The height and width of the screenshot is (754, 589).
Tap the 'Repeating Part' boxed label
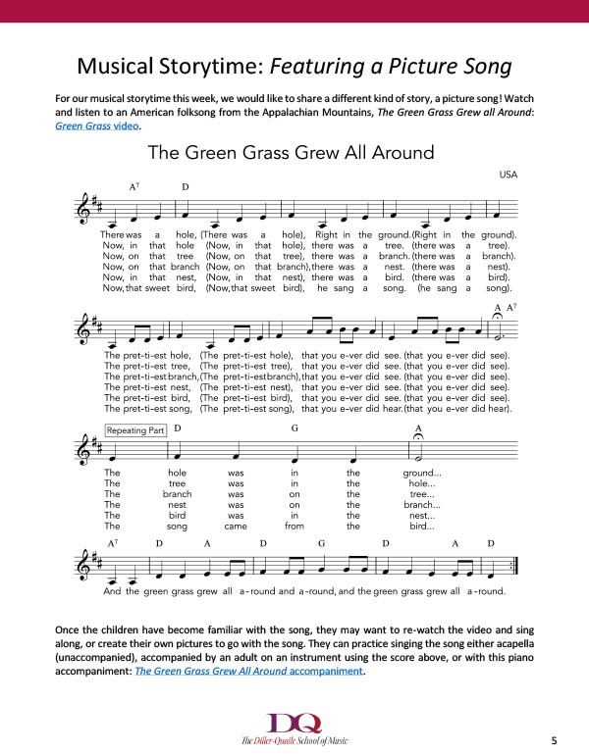136,430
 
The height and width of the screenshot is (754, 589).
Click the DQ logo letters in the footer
295,722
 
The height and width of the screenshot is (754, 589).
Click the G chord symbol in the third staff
294,428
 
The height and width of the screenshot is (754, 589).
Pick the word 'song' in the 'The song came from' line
178,526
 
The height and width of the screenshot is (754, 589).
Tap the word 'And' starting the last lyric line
113,591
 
